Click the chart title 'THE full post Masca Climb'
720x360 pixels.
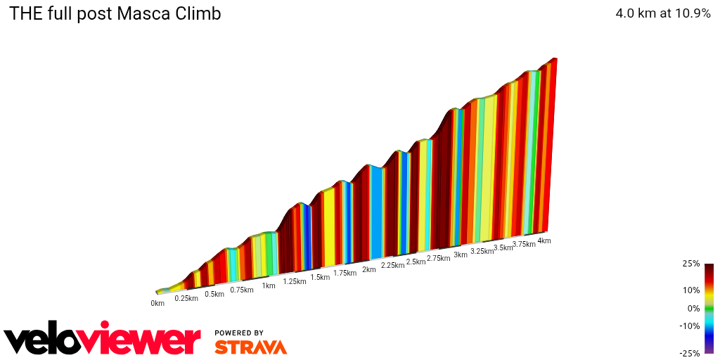[x=115, y=13]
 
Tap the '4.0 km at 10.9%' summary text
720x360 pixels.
[x=663, y=13]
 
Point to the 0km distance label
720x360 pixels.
[x=157, y=304]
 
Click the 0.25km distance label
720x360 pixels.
[x=186, y=298]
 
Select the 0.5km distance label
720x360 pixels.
[x=214, y=294]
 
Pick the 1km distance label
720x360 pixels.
[x=269, y=285]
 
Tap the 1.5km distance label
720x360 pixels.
[x=320, y=277]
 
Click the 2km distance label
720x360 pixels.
[x=368, y=269]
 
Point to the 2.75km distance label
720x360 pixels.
[x=438, y=258]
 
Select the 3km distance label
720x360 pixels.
[x=461, y=255]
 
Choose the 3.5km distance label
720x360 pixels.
[x=503, y=247]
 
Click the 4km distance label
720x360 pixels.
[x=544, y=240]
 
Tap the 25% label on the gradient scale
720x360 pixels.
[x=691, y=264]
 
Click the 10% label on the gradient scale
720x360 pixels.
[x=691, y=290]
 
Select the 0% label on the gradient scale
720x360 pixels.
[x=693, y=308]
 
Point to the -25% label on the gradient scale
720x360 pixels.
[x=690, y=353]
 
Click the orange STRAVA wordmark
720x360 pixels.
[x=250, y=347]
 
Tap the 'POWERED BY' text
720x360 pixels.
[x=239, y=333]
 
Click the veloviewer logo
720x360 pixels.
[x=102, y=340]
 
